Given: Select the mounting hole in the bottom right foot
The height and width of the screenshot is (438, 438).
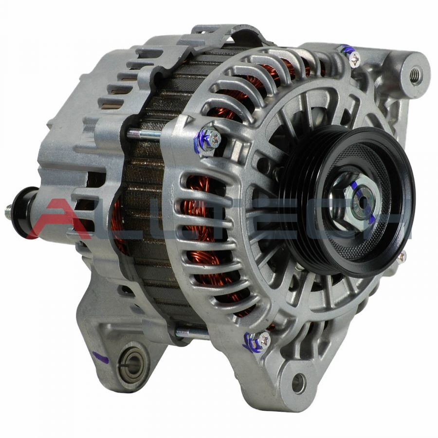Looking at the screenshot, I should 298,383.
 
